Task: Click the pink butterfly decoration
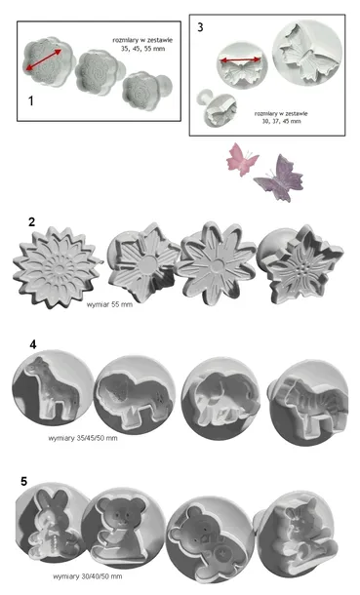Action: (242, 159)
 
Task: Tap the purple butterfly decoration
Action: (280, 178)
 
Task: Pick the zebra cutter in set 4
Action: (308, 402)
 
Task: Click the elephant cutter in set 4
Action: (220, 398)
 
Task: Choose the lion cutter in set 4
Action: (135, 397)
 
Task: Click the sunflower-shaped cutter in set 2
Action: (57, 266)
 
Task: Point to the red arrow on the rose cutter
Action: (44, 59)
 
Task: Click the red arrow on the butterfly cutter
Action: (241, 59)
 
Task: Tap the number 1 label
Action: (30, 100)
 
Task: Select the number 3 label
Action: (200, 27)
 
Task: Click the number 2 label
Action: (32, 221)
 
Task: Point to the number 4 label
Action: (33, 344)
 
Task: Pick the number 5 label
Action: (23, 481)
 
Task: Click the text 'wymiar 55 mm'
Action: (109, 304)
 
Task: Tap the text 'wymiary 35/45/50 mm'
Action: (83, 438)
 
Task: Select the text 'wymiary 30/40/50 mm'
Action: (88, 576)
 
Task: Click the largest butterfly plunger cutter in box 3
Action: (307, 53)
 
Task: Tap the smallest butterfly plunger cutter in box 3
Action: (217, 107)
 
